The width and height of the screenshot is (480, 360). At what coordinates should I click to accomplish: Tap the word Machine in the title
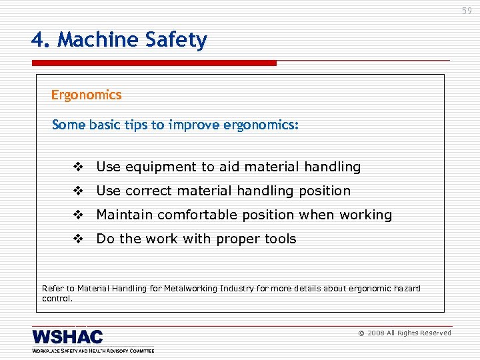[x=98, y=40]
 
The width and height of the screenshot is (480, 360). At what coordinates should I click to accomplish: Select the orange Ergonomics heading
[x=87, y=95]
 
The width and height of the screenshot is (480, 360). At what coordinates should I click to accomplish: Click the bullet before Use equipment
[x=79, y=167]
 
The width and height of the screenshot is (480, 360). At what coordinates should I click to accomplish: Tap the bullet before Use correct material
[x=79, y=191]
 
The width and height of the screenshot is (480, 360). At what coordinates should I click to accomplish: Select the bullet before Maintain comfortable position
[x=79, y=215]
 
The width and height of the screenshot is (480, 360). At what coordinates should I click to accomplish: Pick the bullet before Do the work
[x=79, y=239]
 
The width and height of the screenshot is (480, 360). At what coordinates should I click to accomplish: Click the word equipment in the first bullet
[x=155, y=167]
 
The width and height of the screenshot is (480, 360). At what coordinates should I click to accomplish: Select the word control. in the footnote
[x=57, y=298]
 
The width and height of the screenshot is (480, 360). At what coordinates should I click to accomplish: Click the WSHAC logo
[x=68, y=337]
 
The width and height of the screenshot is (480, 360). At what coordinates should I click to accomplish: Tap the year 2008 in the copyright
[x=375, y=333]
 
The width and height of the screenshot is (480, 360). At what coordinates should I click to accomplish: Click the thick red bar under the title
[x=153, y=63]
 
